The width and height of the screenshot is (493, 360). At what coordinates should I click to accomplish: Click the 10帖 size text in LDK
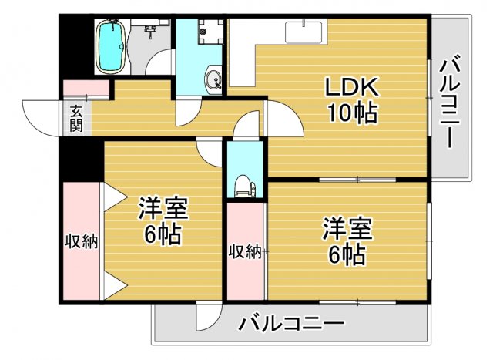pyautogui.click(x=350, y=113)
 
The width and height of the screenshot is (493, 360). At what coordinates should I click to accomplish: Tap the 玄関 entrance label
pyautogui.click(x=76, y=118)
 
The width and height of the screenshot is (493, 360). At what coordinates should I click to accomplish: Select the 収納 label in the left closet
pyautogui.click(x=80, y=242)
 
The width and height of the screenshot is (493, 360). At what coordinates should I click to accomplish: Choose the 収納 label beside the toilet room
pyautogui.click(x=245, y=251)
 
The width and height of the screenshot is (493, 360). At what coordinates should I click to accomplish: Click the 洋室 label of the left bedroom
pyautogui.click(x=163, y=208)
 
